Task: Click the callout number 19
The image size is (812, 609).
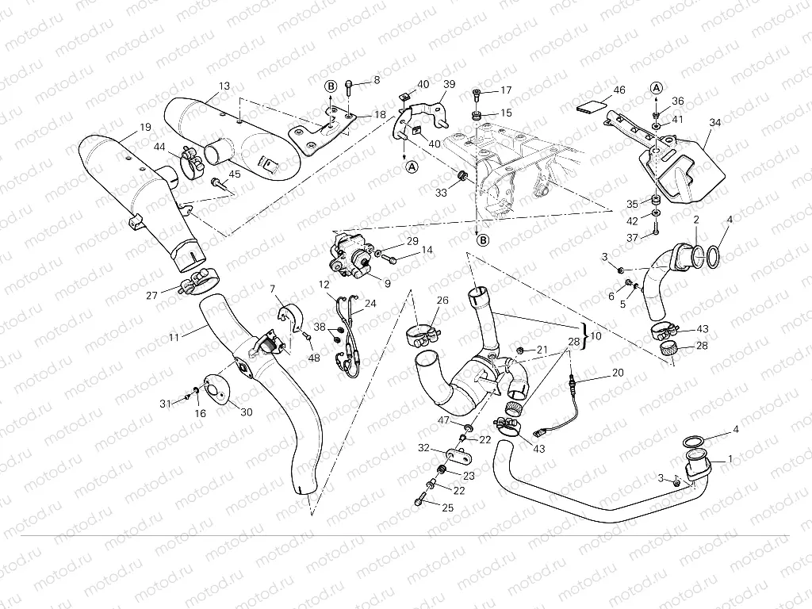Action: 145,127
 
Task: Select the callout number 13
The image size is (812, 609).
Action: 224,86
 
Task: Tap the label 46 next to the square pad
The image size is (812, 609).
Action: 619,91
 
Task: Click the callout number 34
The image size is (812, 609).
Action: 715,123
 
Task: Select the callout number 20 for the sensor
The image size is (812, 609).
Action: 618,373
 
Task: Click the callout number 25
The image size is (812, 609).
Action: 447,507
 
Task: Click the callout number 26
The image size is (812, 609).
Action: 442,301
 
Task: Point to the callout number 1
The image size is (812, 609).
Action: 730,458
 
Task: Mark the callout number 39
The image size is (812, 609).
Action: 449,85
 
